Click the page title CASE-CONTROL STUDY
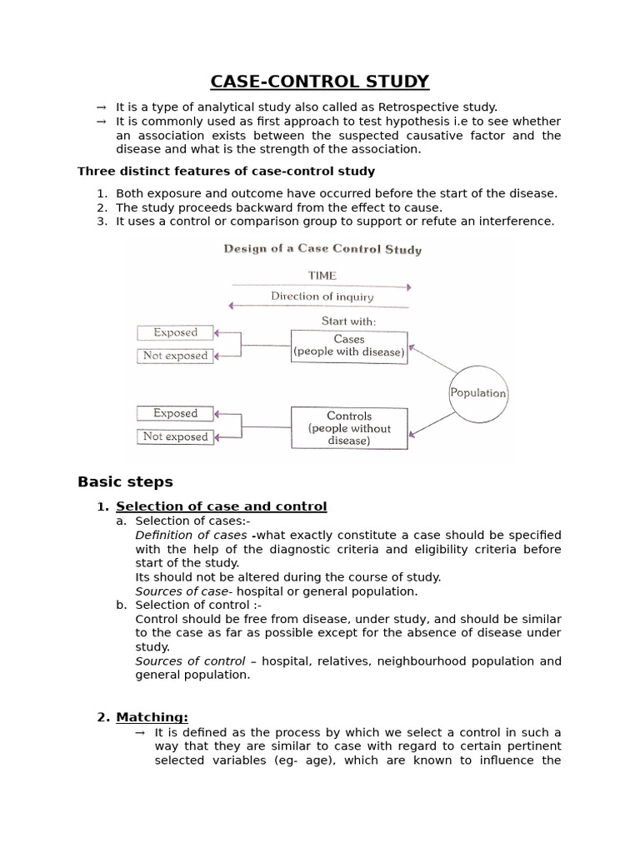(x=320, y=81)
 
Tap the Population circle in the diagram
(x=477, y=393)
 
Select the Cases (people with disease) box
(x=349, y=346)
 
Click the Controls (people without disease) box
(x=349, y=427)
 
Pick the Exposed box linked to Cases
(x=175, y=332)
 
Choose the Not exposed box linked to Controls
(x=175, y=436)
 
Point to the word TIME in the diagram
(x=322, y=275)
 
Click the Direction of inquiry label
(x=322, y=297)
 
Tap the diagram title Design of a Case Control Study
(x=322, y=249)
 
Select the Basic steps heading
(x=125, y=481)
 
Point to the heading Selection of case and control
(x=221, y=506)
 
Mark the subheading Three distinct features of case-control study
(x=226, y=171)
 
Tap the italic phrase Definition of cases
(x=191, y=535)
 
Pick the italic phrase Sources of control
(x=190, y=661)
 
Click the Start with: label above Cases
(x=348, y=321)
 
